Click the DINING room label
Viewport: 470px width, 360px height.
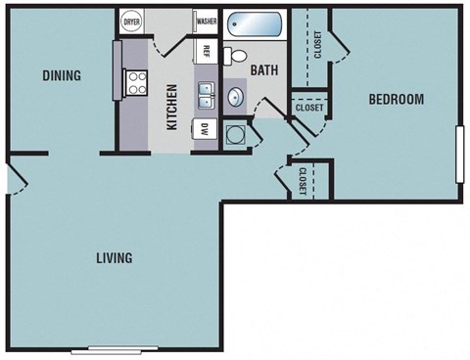[x=61, y=76]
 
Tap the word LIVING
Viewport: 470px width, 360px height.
[x=115, y=258]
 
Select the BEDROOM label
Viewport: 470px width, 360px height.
[x=396, y=99]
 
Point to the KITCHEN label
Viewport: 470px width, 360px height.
[x=172, y=107]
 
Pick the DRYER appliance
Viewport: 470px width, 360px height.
[x=131, y=21]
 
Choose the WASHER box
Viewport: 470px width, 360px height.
[x=206, y=21]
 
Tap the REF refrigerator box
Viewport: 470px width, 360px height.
[x=207, y=50]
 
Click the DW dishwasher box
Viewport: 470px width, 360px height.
[x=205, y=128]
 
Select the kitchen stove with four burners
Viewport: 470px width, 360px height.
[x=135, y=83]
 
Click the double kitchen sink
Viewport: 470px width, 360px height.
[x=207, y=95]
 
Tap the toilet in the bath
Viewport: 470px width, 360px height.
[x=235, y=56]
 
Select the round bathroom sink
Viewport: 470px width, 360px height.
[x=236, y=98]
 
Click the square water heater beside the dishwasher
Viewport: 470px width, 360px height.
[x=235, y=133]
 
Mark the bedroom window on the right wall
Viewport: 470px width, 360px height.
[x=458, y=153]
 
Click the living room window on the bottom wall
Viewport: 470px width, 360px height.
[x=115, y=349]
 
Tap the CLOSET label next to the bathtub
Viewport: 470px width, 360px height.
[x=317, y=44]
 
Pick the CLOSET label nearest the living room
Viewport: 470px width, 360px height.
[x=303, y=181]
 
